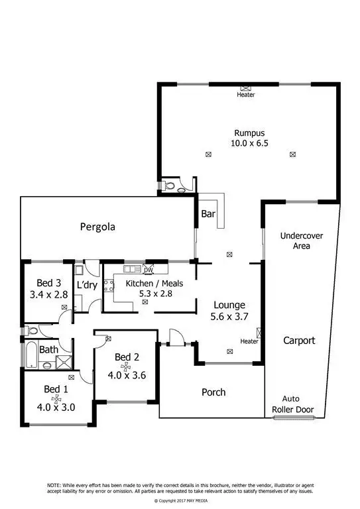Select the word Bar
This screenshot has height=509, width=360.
pos(207,214)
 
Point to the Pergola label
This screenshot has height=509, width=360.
pos(97,227)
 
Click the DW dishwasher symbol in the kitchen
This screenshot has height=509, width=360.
pos(148,270)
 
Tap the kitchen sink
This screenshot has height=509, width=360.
pos(129,268)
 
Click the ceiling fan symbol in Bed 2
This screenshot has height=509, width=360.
pos(125,365)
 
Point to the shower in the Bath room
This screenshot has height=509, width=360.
pos(64,362)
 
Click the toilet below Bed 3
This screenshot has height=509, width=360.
pos(28,331)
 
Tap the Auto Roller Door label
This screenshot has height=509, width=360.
pos(292,404)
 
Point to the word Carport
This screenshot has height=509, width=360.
pos(298,341)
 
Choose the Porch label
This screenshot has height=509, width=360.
pos(213,392)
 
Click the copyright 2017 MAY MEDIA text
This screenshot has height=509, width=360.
pos(180,500)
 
